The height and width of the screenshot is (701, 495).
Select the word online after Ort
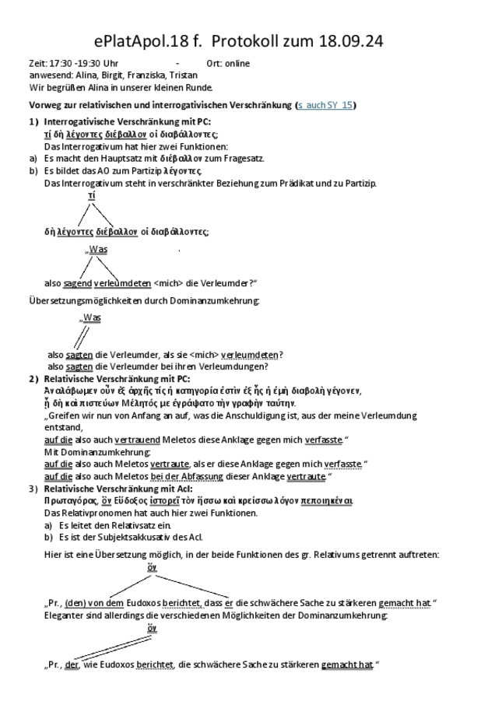pos(236,64)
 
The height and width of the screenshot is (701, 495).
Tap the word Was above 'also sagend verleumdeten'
pos(97,250)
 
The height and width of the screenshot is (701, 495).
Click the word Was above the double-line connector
pos(91,317)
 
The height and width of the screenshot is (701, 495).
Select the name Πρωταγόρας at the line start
pos(69,501)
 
